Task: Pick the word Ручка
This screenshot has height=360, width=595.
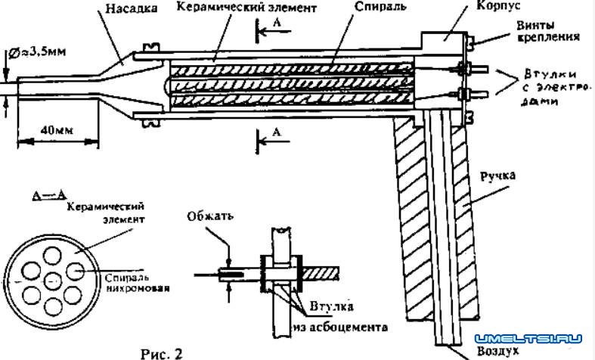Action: [x=496, y=176]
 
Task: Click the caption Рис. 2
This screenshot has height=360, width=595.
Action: [x=161, y=352]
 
